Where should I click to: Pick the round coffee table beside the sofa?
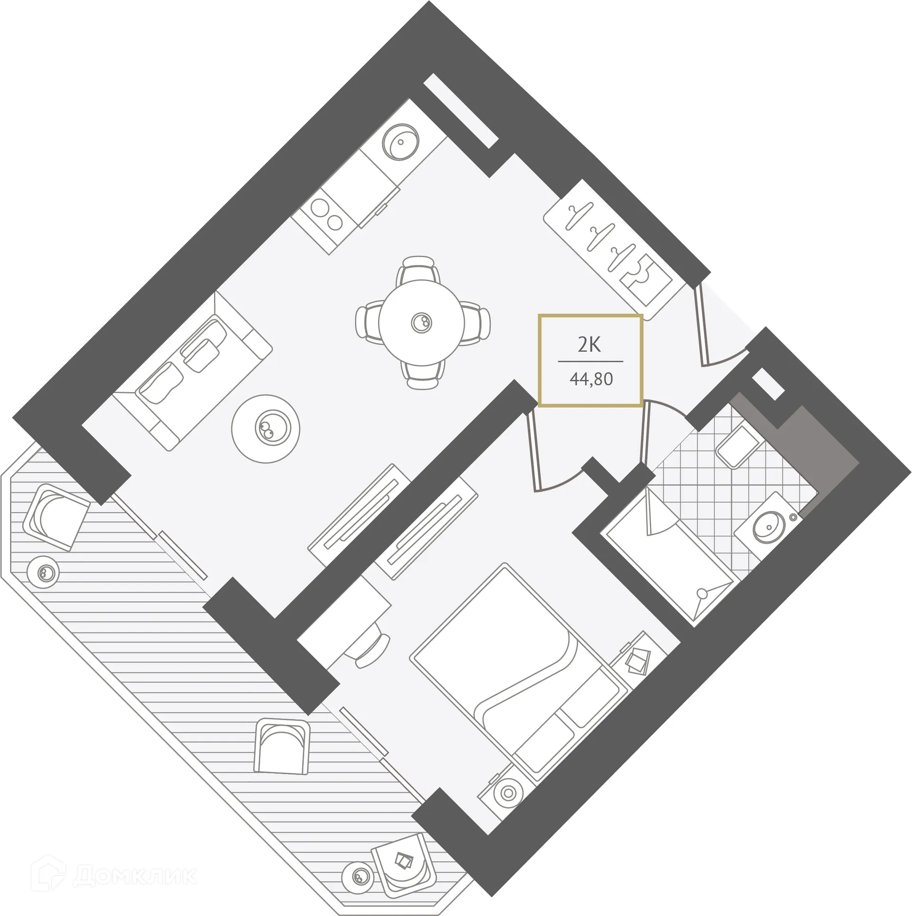click(266, 428)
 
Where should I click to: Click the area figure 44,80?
click(591, 379)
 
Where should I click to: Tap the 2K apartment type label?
click(589, 345)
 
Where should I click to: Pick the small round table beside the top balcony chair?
click(43, 572)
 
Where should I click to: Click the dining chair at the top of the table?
click(418, 270)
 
